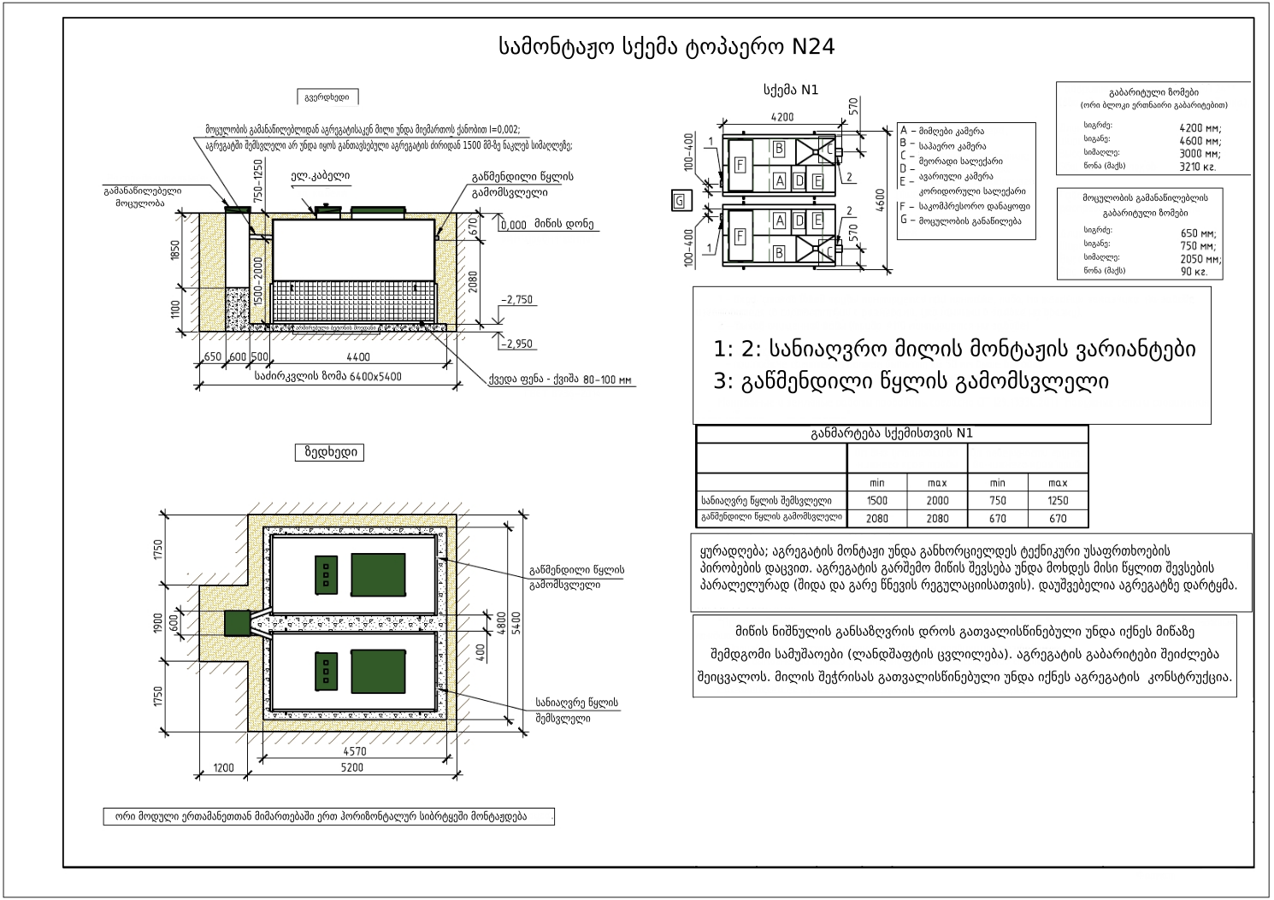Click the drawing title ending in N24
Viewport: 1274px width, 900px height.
click(x=667, y=47)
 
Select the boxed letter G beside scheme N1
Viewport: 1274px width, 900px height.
click(x=679, y=202)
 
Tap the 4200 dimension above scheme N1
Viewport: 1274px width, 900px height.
click(x=782, y=118)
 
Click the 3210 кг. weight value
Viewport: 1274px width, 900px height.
click(x=1197, y=168)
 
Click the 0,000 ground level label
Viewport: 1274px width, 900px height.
click(x=514, y=225)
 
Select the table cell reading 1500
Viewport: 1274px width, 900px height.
click(x=876, y=501)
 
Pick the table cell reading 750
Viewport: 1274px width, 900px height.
click(x=997, y=501)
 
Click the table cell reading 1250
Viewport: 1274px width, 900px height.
click(x=1058, y=501)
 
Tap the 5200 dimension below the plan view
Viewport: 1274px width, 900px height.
click(x=351, y=768)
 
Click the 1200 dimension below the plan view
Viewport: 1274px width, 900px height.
click(x=223, y=768)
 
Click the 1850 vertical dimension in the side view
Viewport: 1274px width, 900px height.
click(x=175, y=250)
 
